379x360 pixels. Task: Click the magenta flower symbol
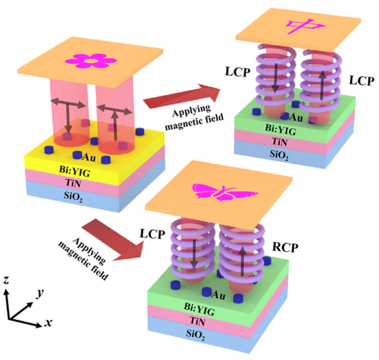[x=91, y=61]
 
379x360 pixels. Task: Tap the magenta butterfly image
[x=225, y=192]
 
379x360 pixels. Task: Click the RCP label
[x=285, y=247]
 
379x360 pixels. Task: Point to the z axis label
[x=6, y=280]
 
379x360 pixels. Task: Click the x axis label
[x=48, y=323]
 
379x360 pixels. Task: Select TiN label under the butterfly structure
[x=198, y=321]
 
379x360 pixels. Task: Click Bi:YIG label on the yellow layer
[x=74, y=171]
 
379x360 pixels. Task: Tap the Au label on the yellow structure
[x=89, y=158]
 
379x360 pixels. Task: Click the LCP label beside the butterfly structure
[x=152, y=234]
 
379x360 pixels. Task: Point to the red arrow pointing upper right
[x=182, y=97]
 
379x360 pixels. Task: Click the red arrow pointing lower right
[x=112, y=239]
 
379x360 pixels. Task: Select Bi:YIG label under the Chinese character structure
[x=280, y=130]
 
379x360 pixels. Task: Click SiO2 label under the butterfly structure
[x=195, y=335]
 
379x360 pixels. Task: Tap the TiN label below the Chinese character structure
[x=279, y=141]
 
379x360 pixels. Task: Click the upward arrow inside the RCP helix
[x=243, y=262]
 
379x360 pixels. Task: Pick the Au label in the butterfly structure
[x=218, y=295]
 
